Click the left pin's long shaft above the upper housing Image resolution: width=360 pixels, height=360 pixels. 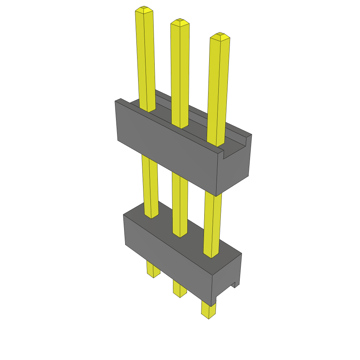coord(146,60)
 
